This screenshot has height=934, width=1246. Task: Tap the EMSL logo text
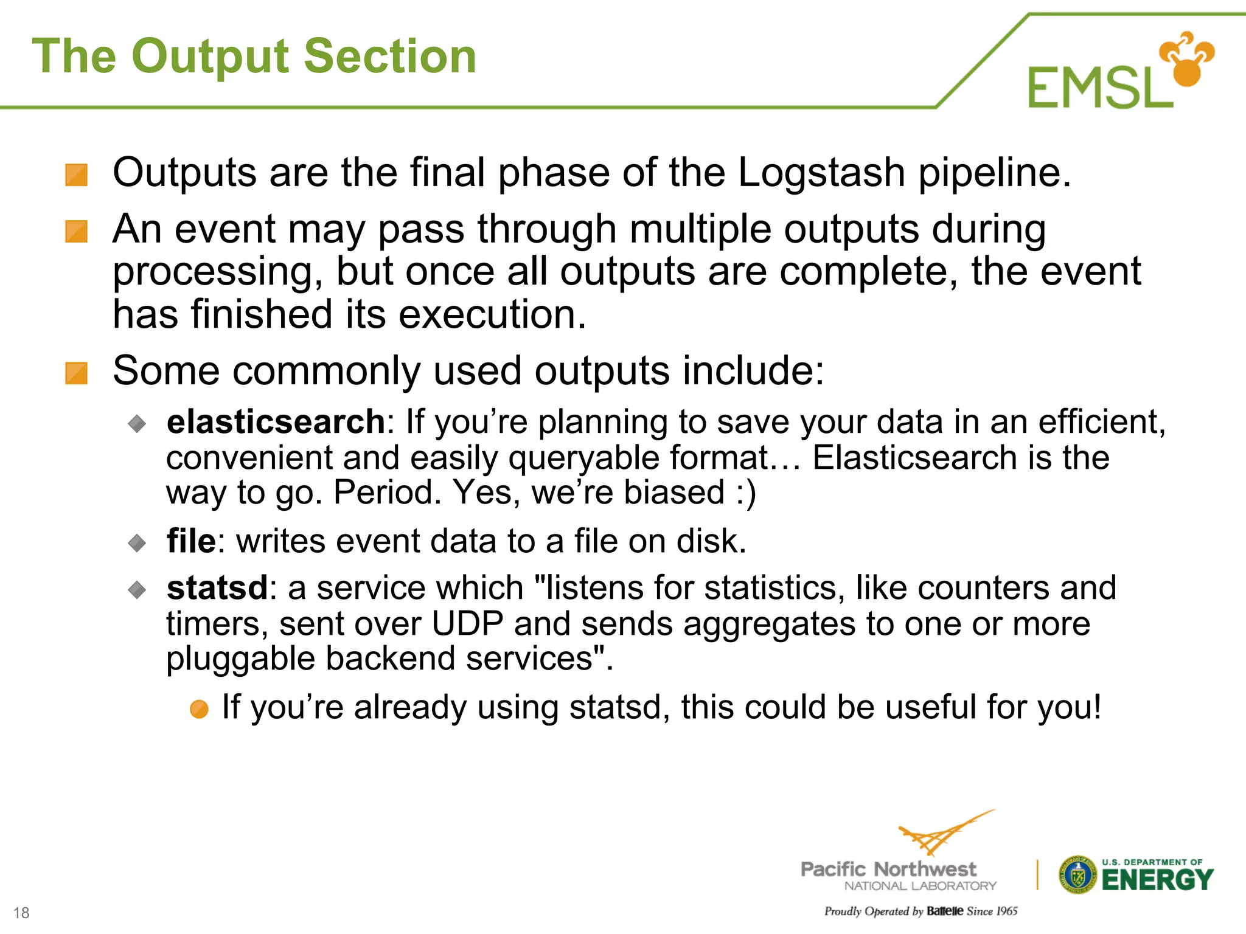click(1100, 88)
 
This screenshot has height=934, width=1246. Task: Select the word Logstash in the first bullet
click(821, 173)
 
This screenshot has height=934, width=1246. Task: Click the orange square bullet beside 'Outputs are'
click(77, 175)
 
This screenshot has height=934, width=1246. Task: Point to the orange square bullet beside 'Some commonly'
click(77, 373)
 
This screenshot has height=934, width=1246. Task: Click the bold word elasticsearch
click(276, 422)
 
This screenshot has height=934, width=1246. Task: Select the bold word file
click(191, 541)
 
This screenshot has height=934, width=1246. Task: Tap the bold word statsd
click(217, 588)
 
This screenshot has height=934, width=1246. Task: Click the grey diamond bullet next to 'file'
click(137, 542)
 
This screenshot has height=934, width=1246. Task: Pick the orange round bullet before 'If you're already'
click(199, 709)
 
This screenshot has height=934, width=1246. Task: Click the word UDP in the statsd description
click(467, 624)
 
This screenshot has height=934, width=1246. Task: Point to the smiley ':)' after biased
click(745, 493)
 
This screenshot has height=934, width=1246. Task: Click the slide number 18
click(21, 913)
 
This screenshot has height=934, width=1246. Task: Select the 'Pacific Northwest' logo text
click(888, 869)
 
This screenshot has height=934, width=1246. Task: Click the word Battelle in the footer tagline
click(945, 911)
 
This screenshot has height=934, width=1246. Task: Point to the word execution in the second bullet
click(492, 315)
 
